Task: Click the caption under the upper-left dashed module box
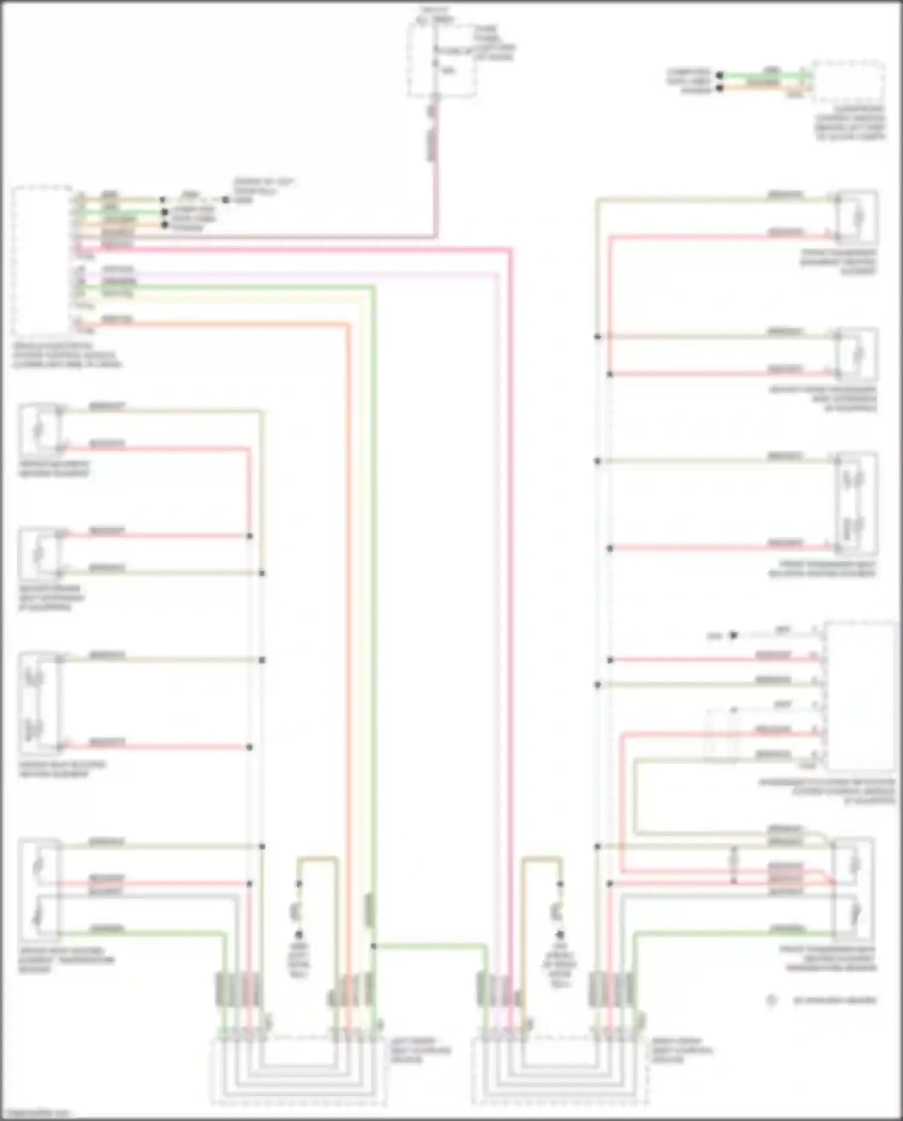(66, 355)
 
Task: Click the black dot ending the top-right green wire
(719, 76)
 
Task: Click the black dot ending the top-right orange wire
(719, 89)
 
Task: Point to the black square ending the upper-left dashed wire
(226, 200)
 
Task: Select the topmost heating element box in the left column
(39, 429)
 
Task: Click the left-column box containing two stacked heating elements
(40, 704)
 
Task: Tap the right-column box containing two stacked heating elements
(857, 503)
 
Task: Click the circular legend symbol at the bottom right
(771, 1001)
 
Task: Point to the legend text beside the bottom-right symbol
(834, 1001)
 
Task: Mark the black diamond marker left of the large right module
(733, 635)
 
